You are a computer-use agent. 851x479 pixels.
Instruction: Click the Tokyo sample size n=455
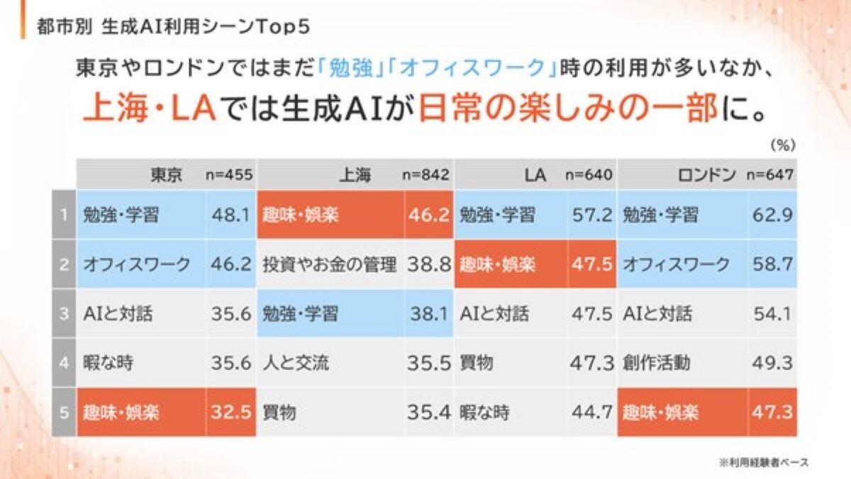click(229, 175)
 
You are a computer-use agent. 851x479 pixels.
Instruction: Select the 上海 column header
click(356, 175)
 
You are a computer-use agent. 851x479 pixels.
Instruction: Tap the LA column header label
click(537, 175)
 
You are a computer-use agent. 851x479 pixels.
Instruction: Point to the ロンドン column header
click(705, 175)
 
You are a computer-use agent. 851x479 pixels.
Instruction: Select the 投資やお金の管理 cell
click(329, 265)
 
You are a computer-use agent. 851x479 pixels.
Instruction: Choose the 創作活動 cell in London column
click(657, 364)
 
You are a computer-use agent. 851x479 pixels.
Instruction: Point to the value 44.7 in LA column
click(591, 412)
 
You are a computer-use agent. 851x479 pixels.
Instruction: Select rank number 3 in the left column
click(63, 314)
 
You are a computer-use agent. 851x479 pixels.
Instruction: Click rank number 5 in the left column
click(63, 412)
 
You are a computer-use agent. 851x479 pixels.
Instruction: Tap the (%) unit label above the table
click(782, 145)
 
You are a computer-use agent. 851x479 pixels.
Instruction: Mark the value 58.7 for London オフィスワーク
click(772, 265)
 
